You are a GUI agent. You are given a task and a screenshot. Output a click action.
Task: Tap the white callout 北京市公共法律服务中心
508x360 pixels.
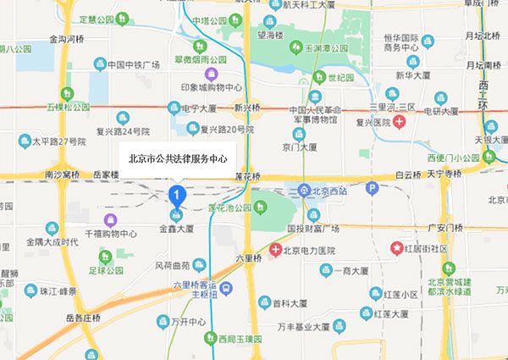[x=177, y=158]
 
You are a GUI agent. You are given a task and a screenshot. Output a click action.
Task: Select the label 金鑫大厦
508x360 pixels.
[x=176, y=229]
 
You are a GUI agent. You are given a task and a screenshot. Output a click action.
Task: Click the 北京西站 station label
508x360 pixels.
[x=328, y=190]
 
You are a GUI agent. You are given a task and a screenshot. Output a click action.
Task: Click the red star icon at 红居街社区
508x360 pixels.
[x=397, y=248]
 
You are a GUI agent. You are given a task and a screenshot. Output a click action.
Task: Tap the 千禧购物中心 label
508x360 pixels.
[x=111, y=233]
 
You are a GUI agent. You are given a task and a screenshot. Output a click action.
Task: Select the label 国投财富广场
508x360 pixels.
[x=312, y=228]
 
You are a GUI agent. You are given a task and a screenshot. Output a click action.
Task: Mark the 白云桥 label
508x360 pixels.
[x=407, y=174]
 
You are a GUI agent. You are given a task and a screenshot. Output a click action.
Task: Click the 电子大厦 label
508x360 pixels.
[x=201, y=108]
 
